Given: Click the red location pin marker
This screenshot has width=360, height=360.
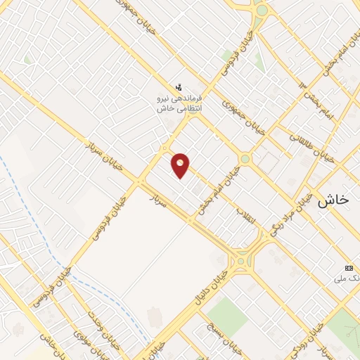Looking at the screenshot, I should pyautogui.click(x=181, y=165).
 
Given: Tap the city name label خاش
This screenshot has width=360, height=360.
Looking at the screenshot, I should pyautogui.click(x=333, y=200).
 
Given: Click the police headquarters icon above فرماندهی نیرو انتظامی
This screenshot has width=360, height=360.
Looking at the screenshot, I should pyautogui.click(x=179, y=88).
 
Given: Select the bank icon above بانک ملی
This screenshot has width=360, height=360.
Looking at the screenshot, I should pyautogui.click(x=349, y=268).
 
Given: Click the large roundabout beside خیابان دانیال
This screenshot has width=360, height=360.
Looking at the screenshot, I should pyautogui.click(x=243, y=262).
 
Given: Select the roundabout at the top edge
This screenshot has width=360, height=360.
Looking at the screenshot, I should pyautogui.click(x=262, y=11).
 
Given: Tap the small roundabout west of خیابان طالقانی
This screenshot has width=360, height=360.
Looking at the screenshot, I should pyautogui.click(x=244, y=159).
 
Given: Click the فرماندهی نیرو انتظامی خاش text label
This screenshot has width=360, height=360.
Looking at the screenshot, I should pyautogui.click(x=179, y=103).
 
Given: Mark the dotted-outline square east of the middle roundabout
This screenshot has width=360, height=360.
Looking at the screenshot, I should pyautogui.click(x=267, y=162).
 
